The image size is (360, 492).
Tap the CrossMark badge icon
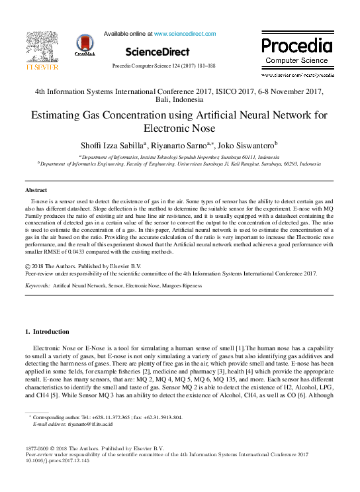coord(85,45)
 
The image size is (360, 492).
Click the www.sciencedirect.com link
coord(185,33)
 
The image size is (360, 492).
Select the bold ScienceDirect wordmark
coord(157,51)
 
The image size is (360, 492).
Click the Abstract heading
coord(36,190)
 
